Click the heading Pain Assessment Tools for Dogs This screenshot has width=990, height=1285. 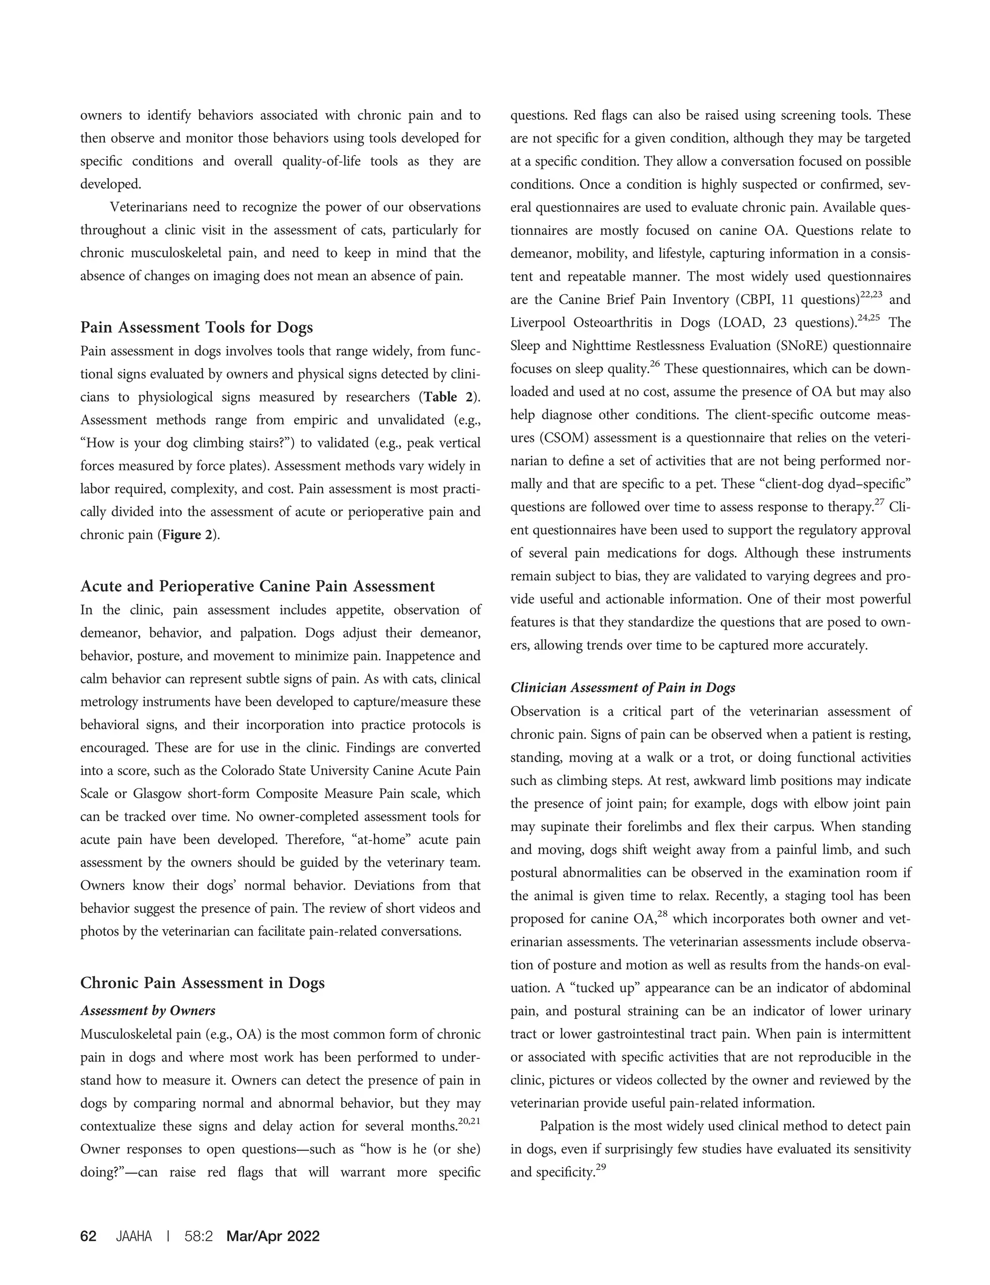(197, 327)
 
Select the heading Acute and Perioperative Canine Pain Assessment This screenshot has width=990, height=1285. (257, 586)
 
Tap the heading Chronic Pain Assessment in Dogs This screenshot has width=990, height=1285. (202, 982)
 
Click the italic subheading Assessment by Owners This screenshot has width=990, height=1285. (148, 1011)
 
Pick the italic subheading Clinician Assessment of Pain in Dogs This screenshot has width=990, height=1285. (623, 687)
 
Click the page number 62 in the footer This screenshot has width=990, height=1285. (88, 1236)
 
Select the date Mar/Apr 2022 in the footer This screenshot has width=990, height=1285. (273, 1236)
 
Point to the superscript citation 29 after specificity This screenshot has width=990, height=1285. (601, 1168)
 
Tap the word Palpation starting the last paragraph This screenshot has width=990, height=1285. (568, 1126)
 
